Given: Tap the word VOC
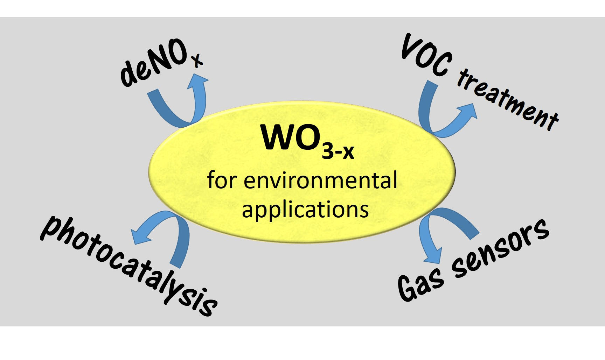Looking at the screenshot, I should coord(426,56).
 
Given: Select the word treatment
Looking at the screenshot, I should coord(508,100).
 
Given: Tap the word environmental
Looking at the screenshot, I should coord(320,181).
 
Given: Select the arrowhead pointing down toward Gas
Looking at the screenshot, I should coord(433,257).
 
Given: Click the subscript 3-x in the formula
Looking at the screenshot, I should coord(338,151).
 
